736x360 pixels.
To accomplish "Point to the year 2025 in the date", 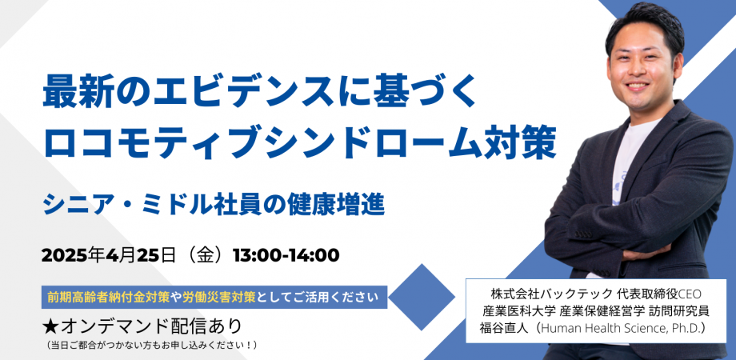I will pyautogui.click(x=63, y=255).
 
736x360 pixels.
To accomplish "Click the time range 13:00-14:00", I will pyautogui.click(x=286, y=255).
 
